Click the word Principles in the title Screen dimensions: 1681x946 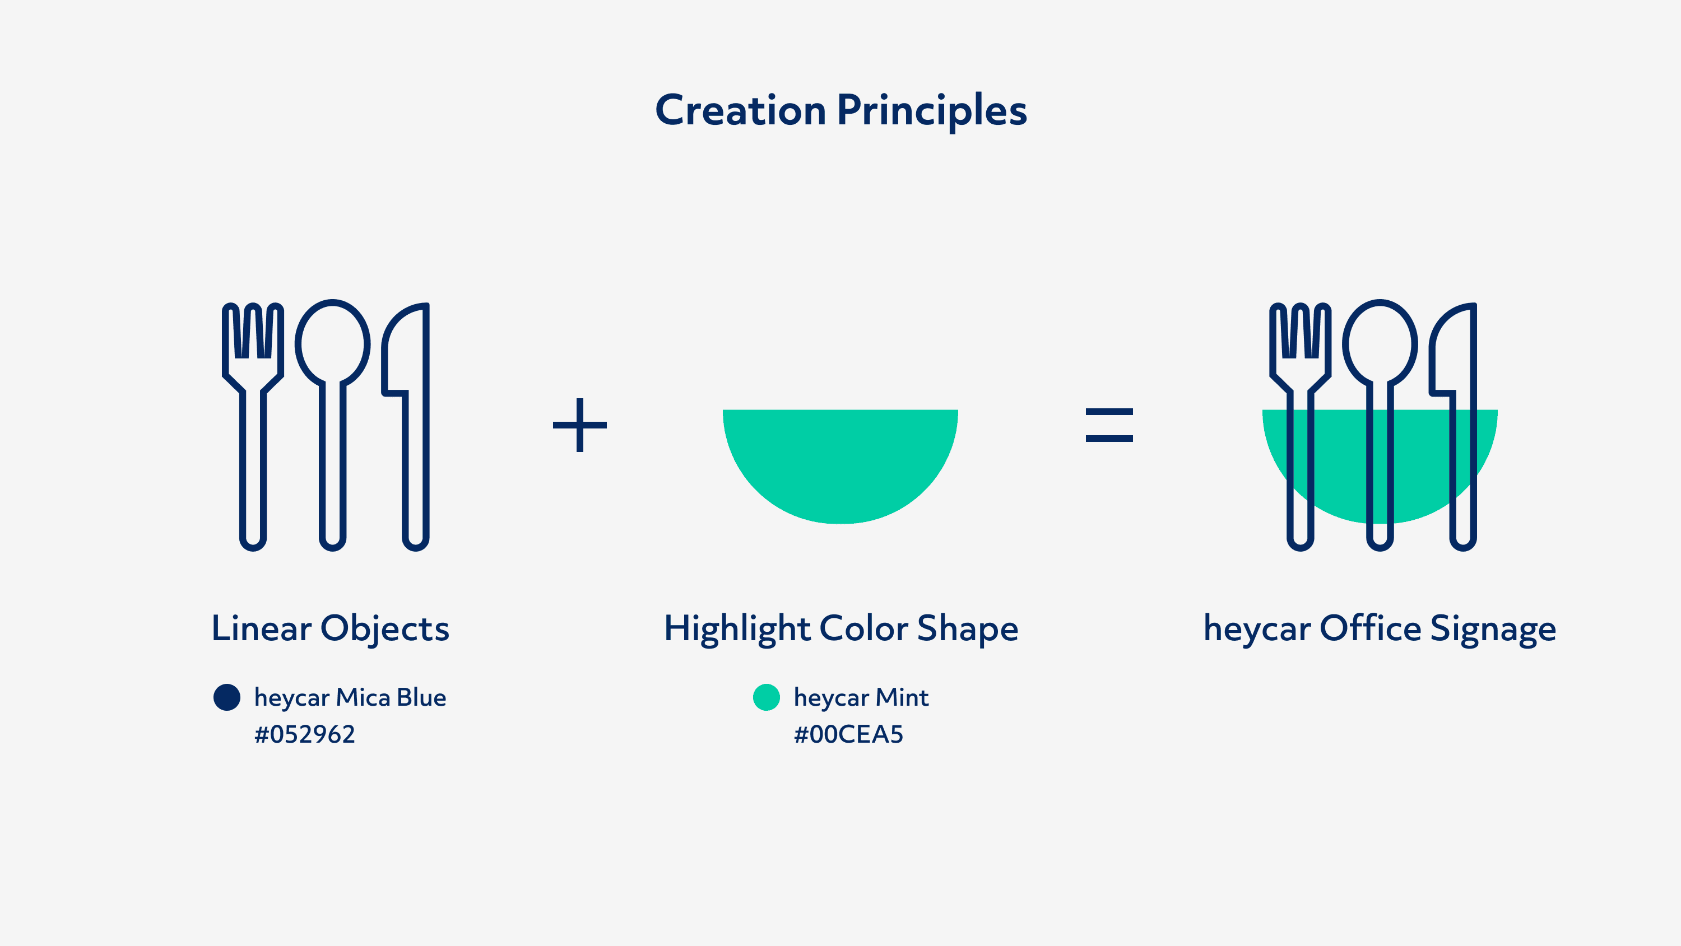tap(932, 111)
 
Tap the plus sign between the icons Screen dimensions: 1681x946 tap(579, 425)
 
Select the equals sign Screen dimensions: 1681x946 tap(1109, 425)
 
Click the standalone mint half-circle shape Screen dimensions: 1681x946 tap(840, 463)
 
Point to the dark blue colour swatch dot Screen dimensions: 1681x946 tap(226, 697)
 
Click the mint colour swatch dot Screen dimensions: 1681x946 tap(766, 697)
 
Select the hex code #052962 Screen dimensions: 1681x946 tap(305, 735)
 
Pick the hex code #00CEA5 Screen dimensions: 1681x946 tap(848, 735)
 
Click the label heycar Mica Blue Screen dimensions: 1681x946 tap(350, 698)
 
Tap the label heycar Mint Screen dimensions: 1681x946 tap(861, 698)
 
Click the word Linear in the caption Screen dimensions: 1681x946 tap(262, 628)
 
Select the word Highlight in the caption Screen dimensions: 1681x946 tap(737, 630)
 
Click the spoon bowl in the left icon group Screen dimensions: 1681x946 tap(332, 343)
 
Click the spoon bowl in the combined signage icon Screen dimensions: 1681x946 tap(1380, 343)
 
